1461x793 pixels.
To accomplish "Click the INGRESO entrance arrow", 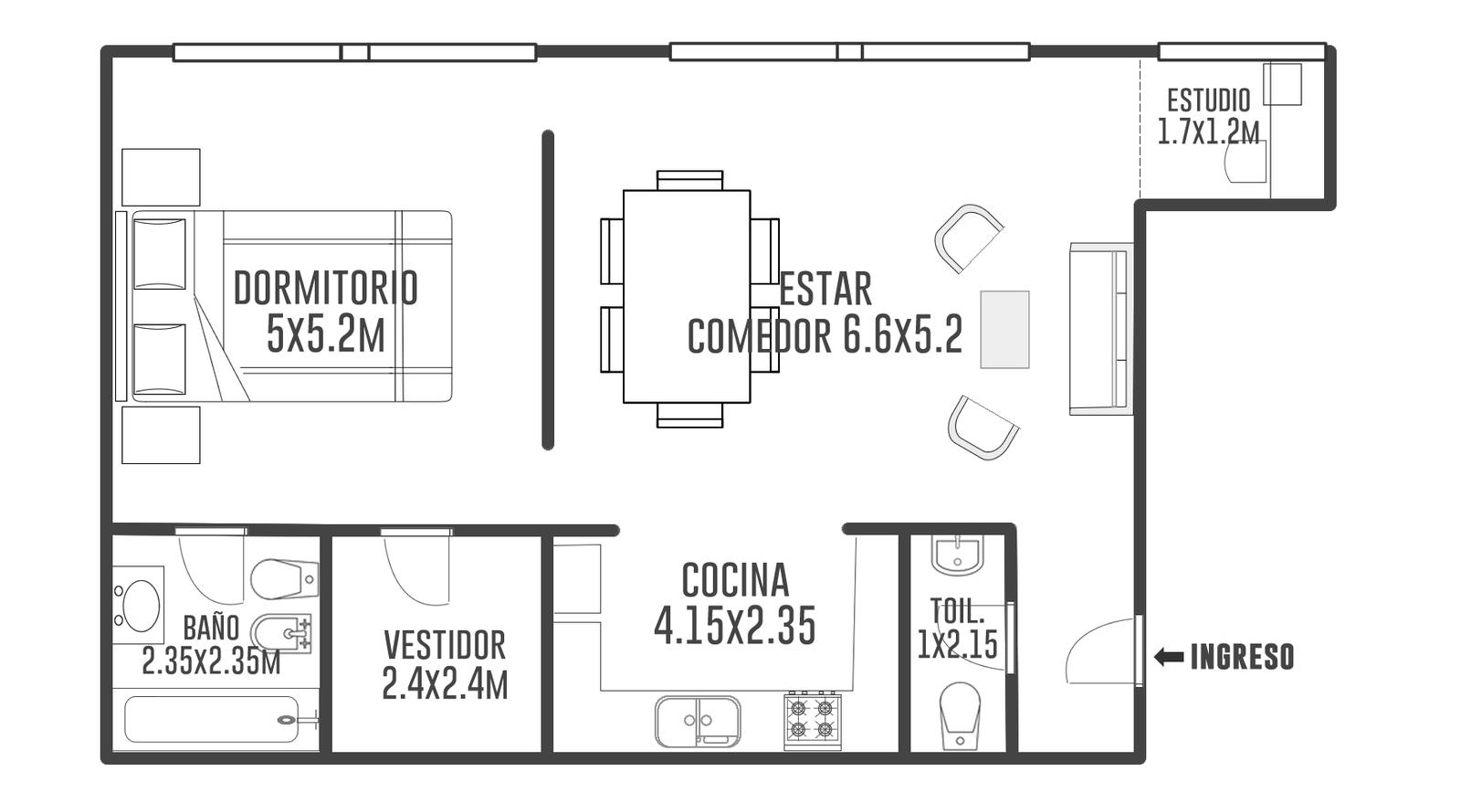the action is (x=1169, y=657).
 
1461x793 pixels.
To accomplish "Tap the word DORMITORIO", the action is (x=325, y=288).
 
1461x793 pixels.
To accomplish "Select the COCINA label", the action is (x=735, y=580).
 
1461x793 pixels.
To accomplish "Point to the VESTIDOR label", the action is (x=445, y=645).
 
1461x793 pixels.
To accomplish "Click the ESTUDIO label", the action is (x=1209, y=100).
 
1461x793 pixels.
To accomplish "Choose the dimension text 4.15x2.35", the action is (x=735, y=626).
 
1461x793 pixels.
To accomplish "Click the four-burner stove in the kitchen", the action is (x=813, y=720).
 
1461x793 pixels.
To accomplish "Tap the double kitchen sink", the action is (x=698, y=721).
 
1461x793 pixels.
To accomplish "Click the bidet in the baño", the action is (x=281, y=632).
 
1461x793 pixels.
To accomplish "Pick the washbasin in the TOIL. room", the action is (x=958, y=556).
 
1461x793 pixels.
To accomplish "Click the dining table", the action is (x=687, y=296).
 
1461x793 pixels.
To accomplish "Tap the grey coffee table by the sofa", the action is (x=1004, y=330).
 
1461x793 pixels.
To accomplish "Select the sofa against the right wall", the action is (x=1101, y=329).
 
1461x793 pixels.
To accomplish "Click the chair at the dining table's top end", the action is (x=690, y=180).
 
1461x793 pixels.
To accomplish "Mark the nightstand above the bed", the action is (x=161, y=177).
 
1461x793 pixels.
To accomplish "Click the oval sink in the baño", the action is (x=142, y=606).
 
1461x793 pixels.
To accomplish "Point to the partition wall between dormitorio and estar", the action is (x=548, y=290).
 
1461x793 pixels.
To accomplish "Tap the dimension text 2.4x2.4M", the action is (x=445, y=684).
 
